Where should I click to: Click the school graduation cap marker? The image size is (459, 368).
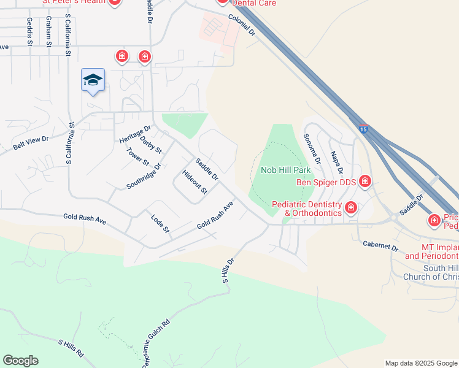coord(93,80)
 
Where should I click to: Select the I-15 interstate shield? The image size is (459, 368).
coord(364,129)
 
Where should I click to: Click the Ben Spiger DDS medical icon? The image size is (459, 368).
coord(365,181)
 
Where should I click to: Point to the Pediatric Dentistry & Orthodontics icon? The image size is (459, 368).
coord(350,207)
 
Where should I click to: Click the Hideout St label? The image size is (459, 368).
coord(196,182)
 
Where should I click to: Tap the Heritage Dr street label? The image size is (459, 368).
coord(135,134)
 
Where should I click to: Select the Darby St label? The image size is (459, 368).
coord(151,145)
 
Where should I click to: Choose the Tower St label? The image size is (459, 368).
coord(138,157)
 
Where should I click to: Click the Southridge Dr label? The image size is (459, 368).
coord(144,176)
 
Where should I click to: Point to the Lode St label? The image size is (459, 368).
coord(160,224)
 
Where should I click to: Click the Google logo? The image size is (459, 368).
coord(20,361)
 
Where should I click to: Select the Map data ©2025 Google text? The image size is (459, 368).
coord(420,363)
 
